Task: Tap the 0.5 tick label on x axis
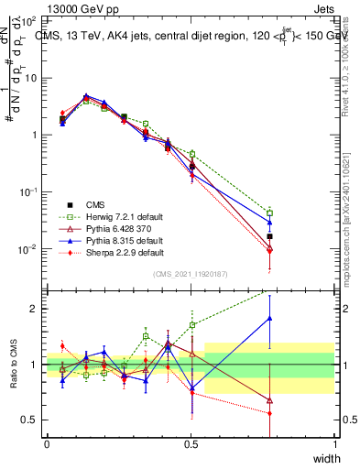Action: pyautogui.click(x=191, y=445)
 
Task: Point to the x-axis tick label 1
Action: pyautogui.click(x=334, y=445)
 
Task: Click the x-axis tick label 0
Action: pyautogui.click(x=47, y=445)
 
